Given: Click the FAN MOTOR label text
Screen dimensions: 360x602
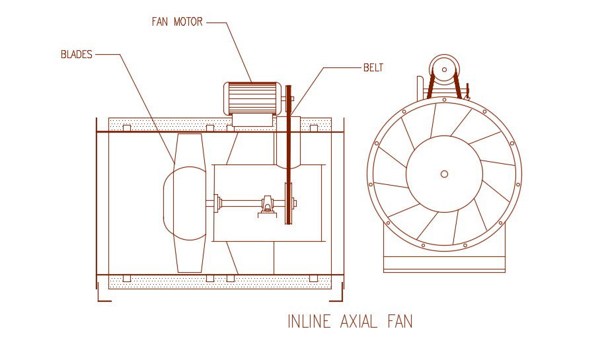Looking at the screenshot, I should click(177, 22).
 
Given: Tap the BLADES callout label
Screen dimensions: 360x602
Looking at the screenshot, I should click(77, 55).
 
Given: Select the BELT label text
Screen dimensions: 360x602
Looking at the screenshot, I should click(373, 67).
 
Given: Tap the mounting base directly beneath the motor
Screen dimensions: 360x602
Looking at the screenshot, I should click(252, 120).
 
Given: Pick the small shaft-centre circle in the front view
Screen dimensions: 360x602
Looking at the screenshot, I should click(444, 174).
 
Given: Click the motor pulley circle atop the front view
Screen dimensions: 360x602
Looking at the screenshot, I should click(443, 67).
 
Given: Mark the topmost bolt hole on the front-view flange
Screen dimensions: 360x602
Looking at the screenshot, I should click(444, 100).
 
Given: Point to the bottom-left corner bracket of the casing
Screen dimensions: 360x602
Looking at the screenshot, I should click(100, 296).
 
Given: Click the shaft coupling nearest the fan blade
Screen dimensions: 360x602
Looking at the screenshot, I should click(217, 203).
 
